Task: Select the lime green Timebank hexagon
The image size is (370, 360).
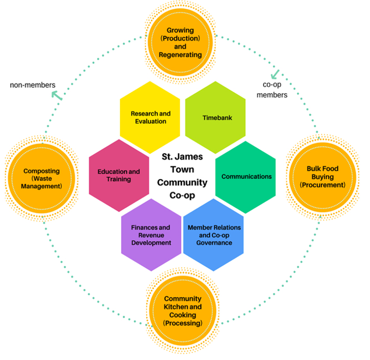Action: click(x=215, y=117)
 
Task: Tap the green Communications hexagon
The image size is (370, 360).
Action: click(x=246, y=177)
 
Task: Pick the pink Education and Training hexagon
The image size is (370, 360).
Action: click(x=118, y=175)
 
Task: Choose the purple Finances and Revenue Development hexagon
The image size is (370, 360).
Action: click(x=151, y=235)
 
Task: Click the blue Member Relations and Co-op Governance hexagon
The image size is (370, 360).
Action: click(x=214, y=235)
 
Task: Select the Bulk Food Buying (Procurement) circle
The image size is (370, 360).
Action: click(x=323, y=176)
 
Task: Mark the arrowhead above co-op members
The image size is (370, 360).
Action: click(x=275, y=73)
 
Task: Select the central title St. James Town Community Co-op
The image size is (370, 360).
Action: click(x=182, y=176)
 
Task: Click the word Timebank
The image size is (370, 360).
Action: click(x=215, y=117)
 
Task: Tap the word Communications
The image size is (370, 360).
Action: click(x=246, y=177)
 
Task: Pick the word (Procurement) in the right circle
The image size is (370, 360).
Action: click(x=323, y=185)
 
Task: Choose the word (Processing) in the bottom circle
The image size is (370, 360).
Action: click(x=183, y=323)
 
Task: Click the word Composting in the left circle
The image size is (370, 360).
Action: click(x=41, y=171)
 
